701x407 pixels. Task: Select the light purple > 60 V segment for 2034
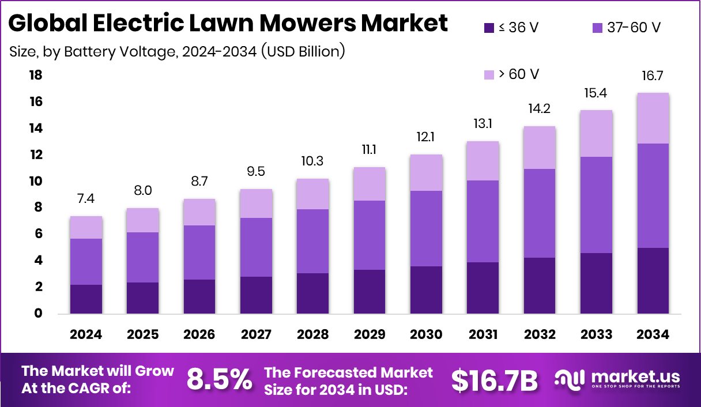(x=653, y=118)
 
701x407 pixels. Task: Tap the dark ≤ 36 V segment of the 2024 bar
(x=86, y=299)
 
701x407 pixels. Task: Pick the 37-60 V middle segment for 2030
(x=426, y=228)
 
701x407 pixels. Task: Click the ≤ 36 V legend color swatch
(x=489, y=27)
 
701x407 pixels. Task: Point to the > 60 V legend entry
(x=511, y=74)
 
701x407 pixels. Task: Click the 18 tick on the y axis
(x=36, y=76)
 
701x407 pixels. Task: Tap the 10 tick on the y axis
(x=36, y=181)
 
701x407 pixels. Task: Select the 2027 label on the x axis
(x=256, y=335)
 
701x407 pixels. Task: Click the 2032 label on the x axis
(x=540, y=335)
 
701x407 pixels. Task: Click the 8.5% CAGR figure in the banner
(x=220, y=380)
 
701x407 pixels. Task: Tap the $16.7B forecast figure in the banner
(x=494, y=380)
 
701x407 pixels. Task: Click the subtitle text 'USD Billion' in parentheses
(x=303, y=52)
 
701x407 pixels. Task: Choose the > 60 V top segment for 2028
(x=312, y=194)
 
